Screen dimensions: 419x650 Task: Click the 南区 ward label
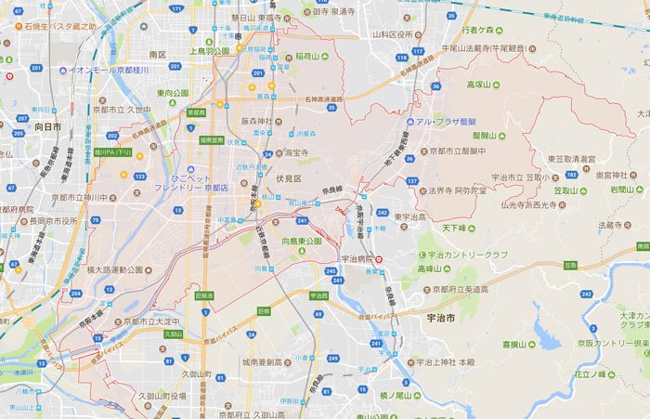tap(157, 55)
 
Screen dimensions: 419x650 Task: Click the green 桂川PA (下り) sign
tap(113, 152)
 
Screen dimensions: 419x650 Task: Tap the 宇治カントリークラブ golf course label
tap(467, 254)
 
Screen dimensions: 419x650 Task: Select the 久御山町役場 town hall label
tap(162, 395)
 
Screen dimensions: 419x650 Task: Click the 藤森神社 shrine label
tap(256, 121)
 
